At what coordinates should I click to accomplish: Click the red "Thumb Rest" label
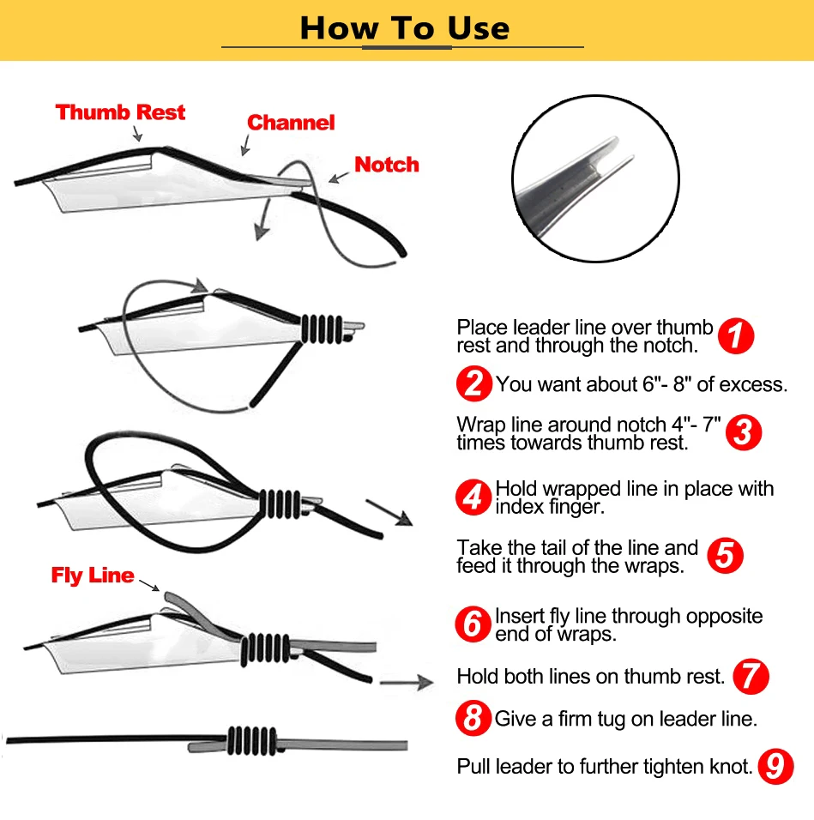120,112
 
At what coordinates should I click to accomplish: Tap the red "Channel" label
291,123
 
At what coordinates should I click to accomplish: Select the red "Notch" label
386,164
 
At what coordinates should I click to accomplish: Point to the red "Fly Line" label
93,576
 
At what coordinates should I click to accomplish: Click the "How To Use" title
405,27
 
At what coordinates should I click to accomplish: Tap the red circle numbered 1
736,335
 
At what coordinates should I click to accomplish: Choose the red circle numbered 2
474,384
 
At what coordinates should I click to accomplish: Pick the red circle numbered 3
744,432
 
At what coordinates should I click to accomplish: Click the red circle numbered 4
473,497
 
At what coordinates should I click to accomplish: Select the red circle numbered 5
725,555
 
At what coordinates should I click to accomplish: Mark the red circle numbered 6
473,624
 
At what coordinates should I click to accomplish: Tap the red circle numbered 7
751,677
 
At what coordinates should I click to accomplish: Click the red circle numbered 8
473,718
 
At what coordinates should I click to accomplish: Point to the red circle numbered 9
776,767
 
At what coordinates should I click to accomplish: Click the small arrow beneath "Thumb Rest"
137,133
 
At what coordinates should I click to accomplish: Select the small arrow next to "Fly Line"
149,586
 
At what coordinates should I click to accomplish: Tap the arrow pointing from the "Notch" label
339,178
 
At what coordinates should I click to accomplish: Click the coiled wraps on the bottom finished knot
251,741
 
